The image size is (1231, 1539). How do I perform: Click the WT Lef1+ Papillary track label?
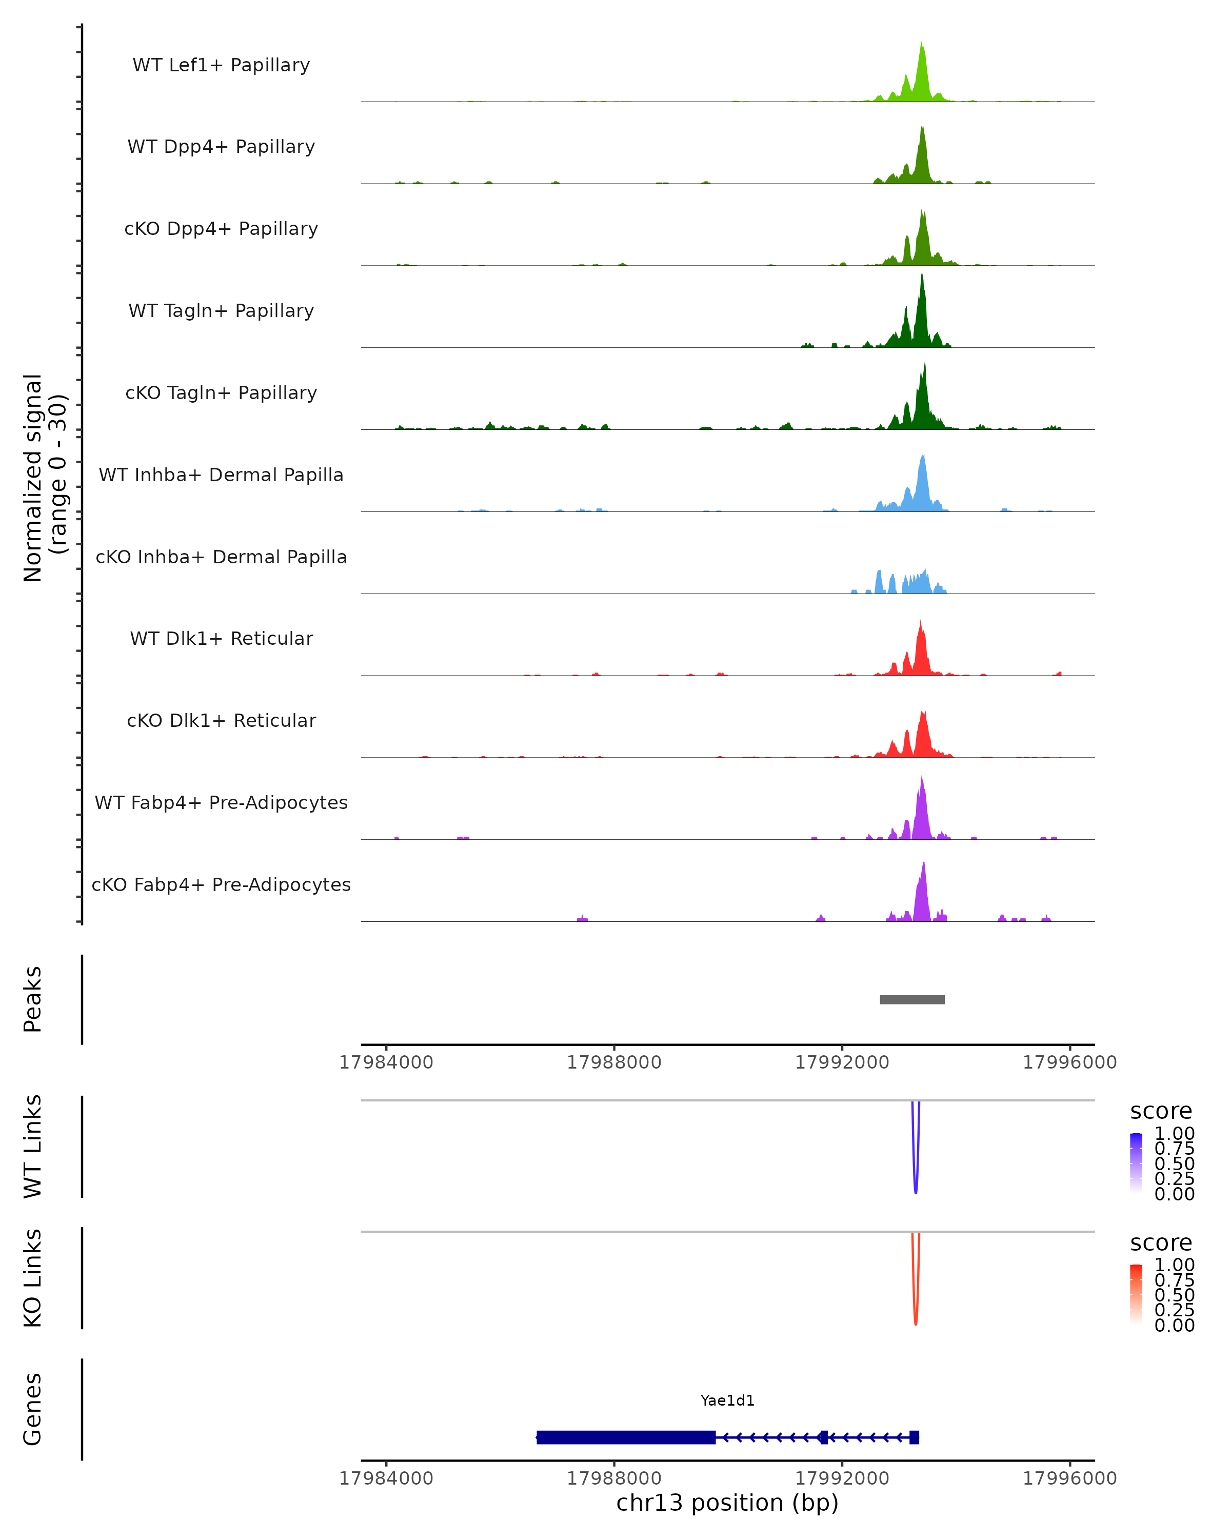click(221, 65)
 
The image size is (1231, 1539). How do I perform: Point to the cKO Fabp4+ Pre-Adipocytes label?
click(221, 884)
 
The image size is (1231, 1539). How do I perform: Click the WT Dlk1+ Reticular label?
click(221, 638)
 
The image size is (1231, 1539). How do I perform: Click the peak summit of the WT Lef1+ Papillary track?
click(921, 44)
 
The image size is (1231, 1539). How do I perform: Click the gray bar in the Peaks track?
click(912, 999)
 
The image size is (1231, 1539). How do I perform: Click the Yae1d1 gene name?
click(727, 1400)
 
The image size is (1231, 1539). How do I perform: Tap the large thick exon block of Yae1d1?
click(626, 1437)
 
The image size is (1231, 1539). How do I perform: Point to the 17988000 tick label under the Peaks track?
click(614, 1062)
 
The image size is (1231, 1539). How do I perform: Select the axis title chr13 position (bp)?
click(727, 1503)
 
